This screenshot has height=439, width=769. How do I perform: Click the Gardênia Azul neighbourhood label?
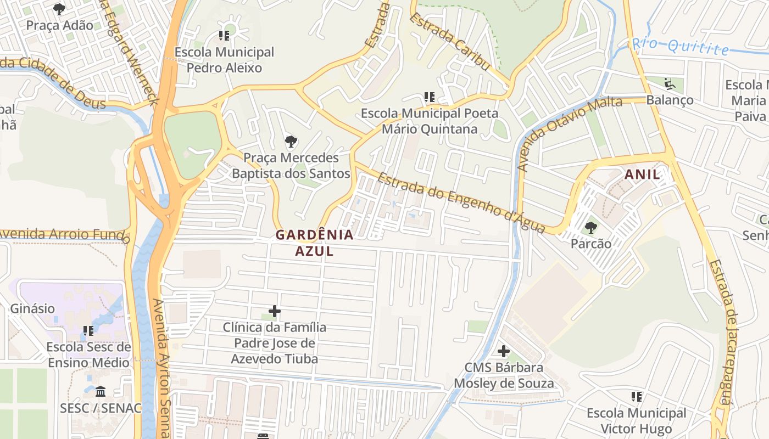[x=314, y=243]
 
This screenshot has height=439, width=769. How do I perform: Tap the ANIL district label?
[x=642, y=175]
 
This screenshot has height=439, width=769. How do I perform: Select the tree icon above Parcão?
[x=591, y=227]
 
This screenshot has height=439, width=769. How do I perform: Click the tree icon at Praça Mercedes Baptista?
[x=291, y=142]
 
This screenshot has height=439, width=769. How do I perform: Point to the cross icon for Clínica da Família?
[x=275, y=312]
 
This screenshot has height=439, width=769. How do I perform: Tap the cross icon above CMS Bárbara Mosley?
[x=504, y=351]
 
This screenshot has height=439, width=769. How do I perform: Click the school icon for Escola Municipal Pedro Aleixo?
[x=224, y=36]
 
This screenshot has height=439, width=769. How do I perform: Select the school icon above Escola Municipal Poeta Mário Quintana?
[x=430, y=98]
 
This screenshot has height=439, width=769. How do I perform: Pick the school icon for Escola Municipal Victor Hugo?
[x=637, y=397]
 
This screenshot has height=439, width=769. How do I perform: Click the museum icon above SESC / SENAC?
[x=101, y=392]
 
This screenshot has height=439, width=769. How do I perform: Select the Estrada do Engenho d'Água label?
[x=460, y=203]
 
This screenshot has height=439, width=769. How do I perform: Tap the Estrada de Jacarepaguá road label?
[x=722, y=332]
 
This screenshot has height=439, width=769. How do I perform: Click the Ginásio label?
[x=32, y=308]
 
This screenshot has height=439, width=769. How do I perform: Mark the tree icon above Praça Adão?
[x=59, y=9]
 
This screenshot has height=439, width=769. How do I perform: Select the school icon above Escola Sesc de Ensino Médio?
[x=88, y=331]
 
